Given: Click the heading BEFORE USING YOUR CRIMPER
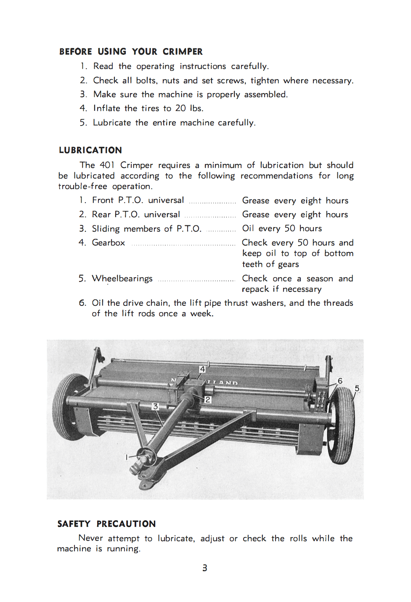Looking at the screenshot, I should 131,52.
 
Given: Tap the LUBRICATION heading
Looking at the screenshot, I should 90,150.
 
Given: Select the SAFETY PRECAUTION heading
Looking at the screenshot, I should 106,524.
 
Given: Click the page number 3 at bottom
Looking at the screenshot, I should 205,568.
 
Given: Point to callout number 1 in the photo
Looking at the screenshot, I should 126,457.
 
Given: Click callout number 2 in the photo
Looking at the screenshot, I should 208,399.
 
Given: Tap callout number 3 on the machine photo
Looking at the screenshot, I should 155,406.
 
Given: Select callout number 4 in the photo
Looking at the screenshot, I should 202,369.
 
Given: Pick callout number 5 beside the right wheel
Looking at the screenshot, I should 357,388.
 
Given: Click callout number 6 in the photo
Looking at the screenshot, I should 340,381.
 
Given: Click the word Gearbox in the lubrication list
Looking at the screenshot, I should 109,243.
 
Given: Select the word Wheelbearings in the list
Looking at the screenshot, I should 122,278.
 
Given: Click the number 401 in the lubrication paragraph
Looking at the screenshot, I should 107,165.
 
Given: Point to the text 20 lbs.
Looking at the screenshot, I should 189,108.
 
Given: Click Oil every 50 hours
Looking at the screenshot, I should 282,228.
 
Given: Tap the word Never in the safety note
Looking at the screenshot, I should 90,538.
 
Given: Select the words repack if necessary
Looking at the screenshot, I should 281,289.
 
